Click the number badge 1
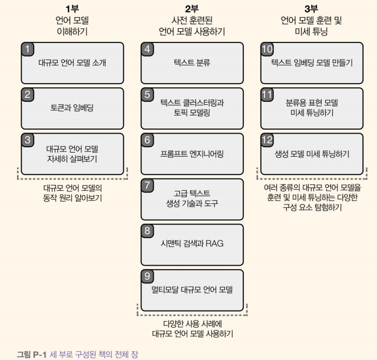tap(28, 48)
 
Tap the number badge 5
tap(148, 94)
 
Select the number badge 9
tap(148, 276)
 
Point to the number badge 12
tap(267, 140)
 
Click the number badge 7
tap(148, 185)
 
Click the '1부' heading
tap(72, 9)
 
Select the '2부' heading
tap(192, 9)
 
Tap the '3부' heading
tap(312, 9)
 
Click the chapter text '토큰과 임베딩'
tap(72, 108)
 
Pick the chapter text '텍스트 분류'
tap(192, 62)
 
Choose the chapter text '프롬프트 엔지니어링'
tap(192, 154)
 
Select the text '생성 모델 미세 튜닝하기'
tap(312, 154)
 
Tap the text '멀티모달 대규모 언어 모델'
tap(192, 290)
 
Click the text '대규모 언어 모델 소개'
tap(72, 62)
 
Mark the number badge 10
tap(267, 49)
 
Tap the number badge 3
tap(28, 140)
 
